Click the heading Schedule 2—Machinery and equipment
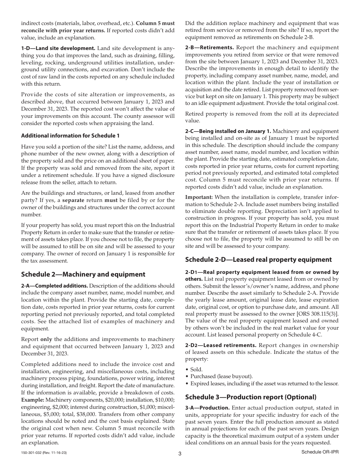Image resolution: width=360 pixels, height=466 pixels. click(x=83, y=274)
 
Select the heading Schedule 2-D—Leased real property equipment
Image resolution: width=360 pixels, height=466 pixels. click(x=258, y=260)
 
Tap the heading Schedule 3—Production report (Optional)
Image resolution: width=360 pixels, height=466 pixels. click(x=250, y=397)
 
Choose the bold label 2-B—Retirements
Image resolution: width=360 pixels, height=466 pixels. click(x=210, y=48)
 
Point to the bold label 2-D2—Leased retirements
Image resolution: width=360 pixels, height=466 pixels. click(x=221, y=345)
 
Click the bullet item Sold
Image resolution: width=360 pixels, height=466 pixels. click(x=196, y=369)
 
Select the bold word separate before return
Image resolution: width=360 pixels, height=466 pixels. click(x=75, y=200)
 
